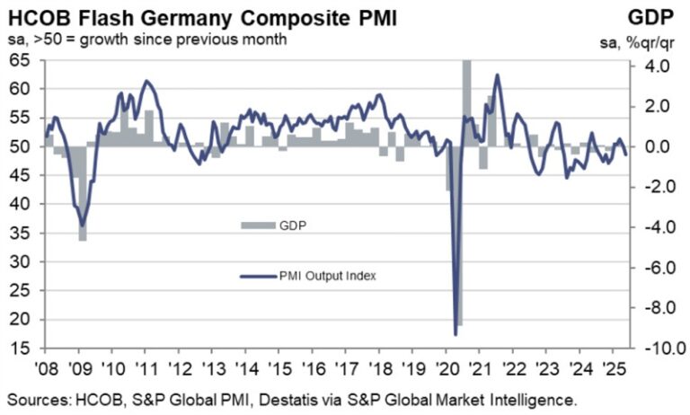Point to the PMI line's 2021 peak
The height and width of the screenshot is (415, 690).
[497, 75]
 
